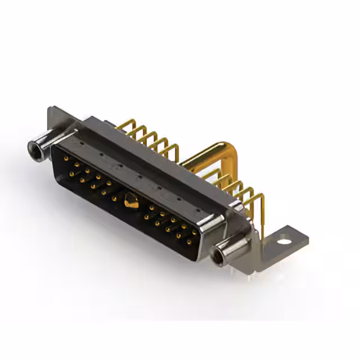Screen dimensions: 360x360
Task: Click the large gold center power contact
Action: (x=130, y=199)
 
